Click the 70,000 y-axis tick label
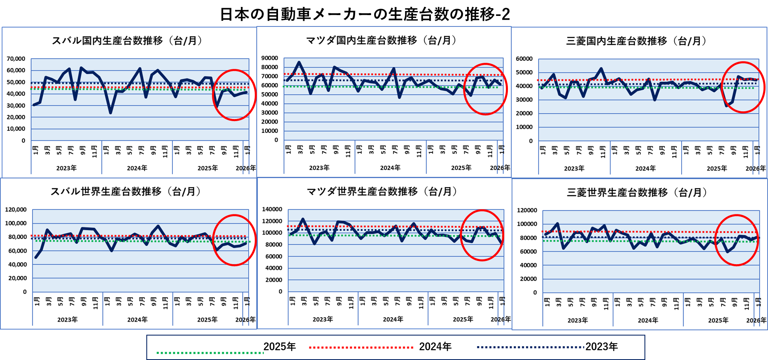(x=16, y=59)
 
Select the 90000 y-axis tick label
(x=269, y=58)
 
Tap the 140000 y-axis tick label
(x=272, y=209)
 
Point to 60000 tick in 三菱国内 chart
(x=524, y=59)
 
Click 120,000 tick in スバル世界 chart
(x=16, y=210)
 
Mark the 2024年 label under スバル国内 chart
(x=137, y=168)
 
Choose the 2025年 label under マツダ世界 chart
(x=463, y=319)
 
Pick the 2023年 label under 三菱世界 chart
(x=578, y=320)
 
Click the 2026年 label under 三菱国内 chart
(x=755, y=168)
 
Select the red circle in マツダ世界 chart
(x=482, y=211)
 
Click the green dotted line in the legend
(x=210, y=353)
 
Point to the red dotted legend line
(x=361, y=348)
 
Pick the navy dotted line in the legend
(x=531, y=348)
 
